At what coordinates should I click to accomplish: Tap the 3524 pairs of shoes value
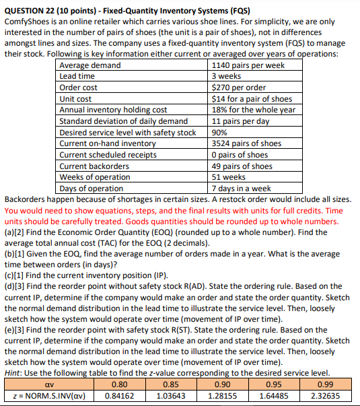click(x=246, y=143)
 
